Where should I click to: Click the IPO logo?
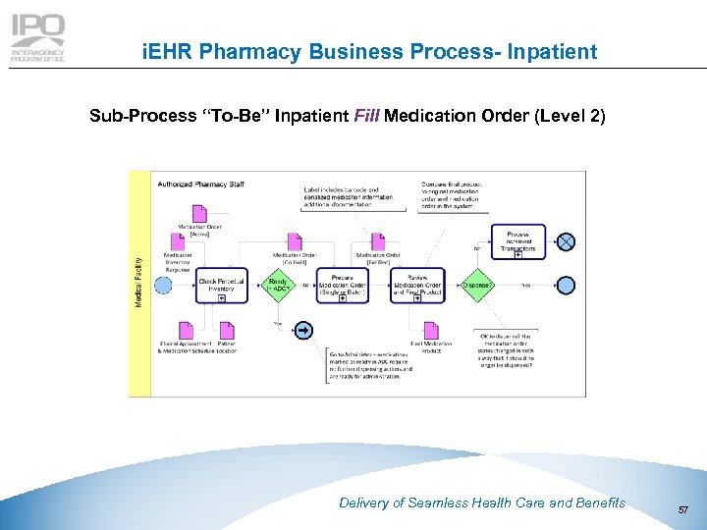(37, 37)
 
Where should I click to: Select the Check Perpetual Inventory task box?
(221, 285)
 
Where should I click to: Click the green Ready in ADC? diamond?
(278, 285)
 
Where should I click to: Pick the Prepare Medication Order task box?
(342, 286)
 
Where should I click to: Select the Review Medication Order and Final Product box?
(417, 286)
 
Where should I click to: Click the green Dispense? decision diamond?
(475, 285)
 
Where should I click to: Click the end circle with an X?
(566, 241)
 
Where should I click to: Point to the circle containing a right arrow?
(304, 330)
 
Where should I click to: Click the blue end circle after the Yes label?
(566, 286)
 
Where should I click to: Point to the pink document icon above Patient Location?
(226, 331)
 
